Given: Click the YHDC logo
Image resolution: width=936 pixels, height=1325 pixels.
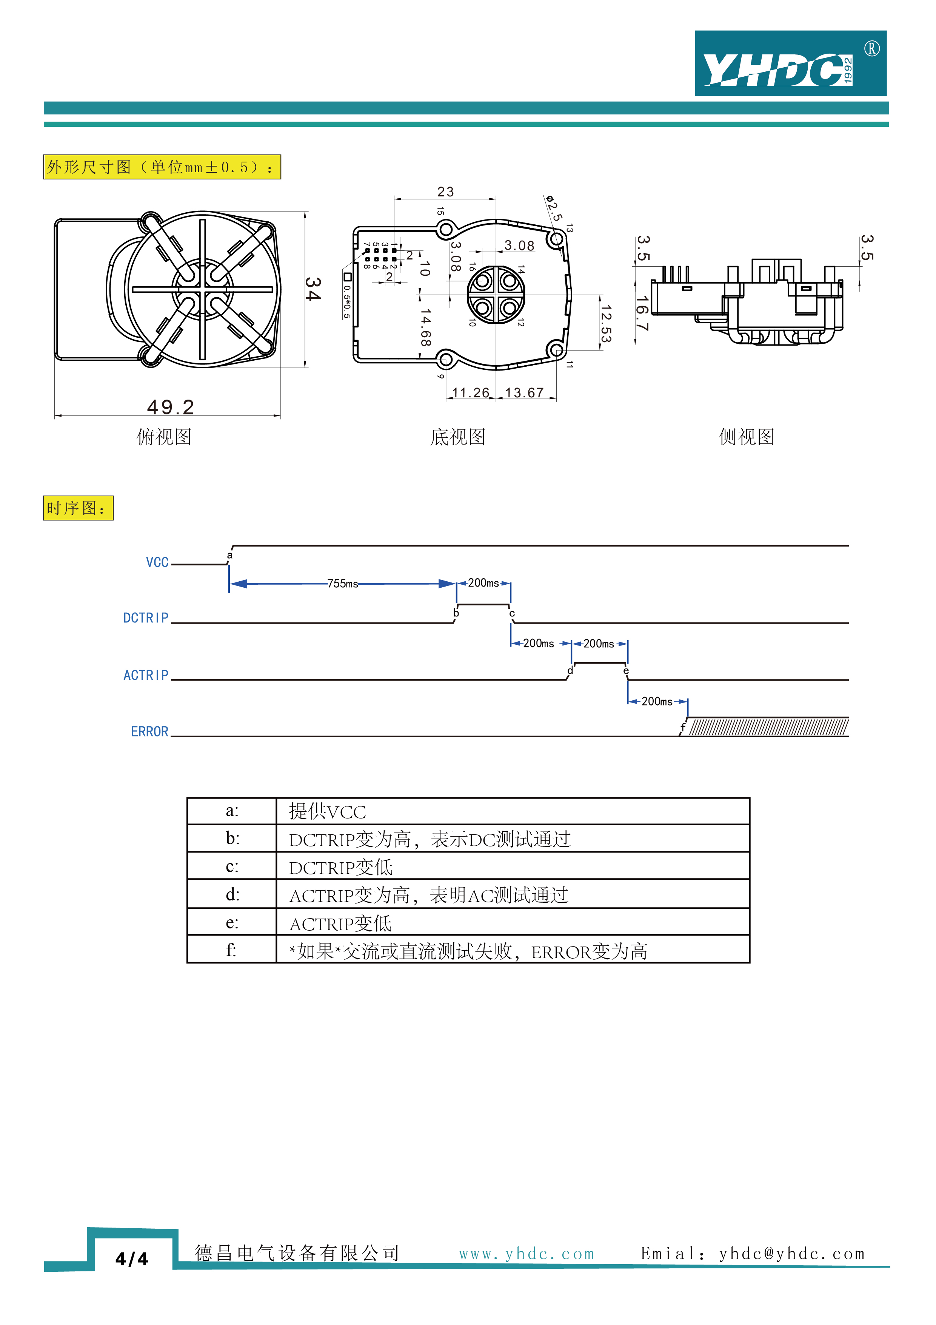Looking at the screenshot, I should click(790, 63).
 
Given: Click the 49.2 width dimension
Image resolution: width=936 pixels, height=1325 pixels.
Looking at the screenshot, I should click(170, 407).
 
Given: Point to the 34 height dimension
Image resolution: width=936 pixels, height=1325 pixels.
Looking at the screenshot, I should click(312, 289).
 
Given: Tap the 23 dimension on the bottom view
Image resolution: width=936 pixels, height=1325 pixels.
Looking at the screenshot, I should click(445, 191).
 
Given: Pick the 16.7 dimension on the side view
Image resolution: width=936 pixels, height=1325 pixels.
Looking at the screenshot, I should click(642, 313).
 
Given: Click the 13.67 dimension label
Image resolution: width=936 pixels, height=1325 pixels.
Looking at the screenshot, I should click(524, 393).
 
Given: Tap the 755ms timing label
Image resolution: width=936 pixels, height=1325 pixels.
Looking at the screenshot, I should click(343, 584).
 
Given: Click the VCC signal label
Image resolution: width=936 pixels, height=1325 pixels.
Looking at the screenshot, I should click(157, 563).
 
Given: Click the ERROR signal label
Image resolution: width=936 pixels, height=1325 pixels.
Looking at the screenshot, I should click(149, 732).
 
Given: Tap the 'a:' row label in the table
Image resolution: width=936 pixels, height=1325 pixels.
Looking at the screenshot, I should click(232, 811).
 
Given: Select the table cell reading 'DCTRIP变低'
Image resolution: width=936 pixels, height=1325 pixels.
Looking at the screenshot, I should click(340, 867).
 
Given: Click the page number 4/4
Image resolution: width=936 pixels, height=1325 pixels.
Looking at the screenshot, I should click(131, 1259).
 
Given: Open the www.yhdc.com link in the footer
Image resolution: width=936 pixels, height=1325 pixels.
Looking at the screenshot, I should click(526, 1254).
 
